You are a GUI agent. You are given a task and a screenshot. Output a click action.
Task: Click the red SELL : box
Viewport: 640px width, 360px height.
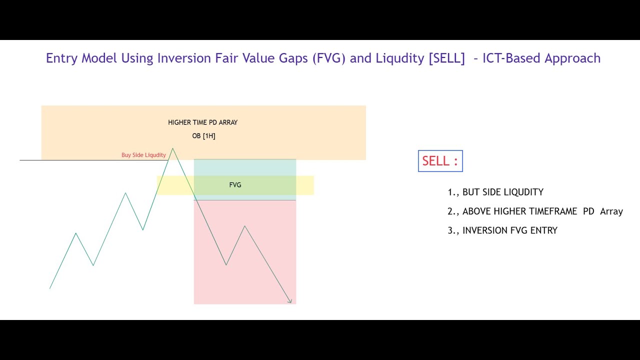click(440, 161)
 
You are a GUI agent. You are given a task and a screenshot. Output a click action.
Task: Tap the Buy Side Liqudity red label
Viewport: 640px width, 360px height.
click(143, 155)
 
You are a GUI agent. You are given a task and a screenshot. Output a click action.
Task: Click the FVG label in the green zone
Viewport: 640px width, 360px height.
click(235, 185)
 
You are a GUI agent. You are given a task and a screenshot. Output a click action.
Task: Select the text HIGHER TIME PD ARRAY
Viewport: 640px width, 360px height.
click(202, 122)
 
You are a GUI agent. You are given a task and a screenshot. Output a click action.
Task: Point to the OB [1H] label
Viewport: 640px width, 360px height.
click(203, 136)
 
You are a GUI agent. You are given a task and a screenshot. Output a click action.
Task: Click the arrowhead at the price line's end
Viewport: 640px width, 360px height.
click(290, 301)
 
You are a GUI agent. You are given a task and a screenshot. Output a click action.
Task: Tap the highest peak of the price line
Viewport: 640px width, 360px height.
click(173, 148)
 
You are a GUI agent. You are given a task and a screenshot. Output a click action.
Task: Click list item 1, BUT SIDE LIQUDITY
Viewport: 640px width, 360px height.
click(495, 192)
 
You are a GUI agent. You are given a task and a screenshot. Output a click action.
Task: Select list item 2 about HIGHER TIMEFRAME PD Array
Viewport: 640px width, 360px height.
click(535, 211)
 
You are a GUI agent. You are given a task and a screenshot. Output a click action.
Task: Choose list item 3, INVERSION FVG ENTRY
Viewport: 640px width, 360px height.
click(502, 230)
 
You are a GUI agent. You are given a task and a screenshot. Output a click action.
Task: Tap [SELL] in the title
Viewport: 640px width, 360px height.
click(446, 58)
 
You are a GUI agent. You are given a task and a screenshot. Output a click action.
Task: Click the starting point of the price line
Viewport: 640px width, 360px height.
click(50, 288)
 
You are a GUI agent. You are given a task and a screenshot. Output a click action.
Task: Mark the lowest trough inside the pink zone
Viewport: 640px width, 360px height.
click(226, 265)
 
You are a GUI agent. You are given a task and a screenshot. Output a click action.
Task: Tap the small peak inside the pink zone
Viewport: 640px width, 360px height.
click(244, 226)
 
